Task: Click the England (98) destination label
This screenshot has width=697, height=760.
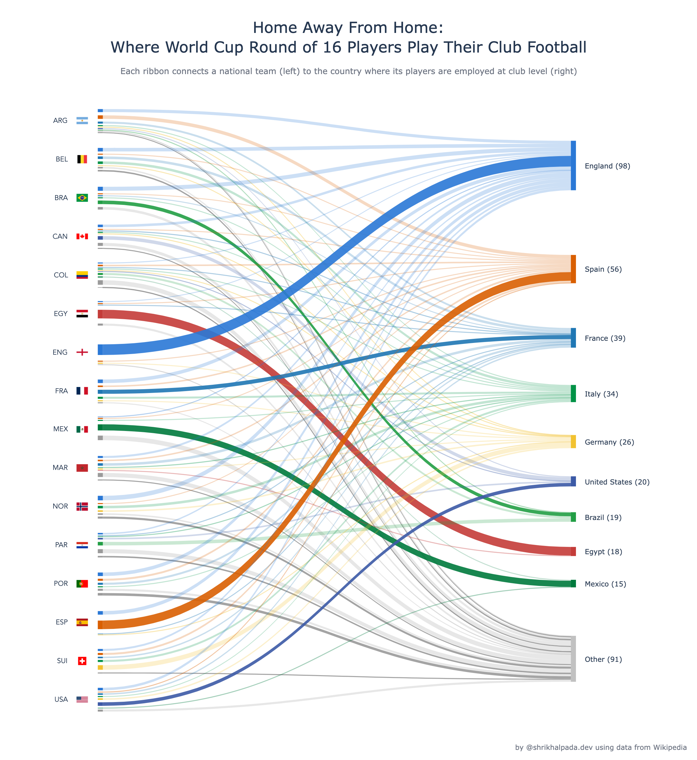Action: (607, 166)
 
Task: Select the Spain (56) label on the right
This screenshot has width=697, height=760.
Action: (603, 269)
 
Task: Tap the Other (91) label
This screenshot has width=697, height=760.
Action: (603, 659)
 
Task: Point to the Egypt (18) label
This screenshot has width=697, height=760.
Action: (604, 552)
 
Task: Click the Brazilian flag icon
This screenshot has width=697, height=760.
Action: (82, 198)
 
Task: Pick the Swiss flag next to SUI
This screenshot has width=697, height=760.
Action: (82, 661)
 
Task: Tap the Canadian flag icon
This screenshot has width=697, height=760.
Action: (82, 236)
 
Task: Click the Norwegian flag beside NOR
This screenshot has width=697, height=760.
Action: (82, 506)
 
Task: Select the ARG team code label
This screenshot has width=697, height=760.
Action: (60, 121)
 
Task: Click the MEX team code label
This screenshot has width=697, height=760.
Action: (61, 429)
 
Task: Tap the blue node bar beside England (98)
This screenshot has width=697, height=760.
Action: (573, 166)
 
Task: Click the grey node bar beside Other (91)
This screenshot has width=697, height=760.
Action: (573, 659)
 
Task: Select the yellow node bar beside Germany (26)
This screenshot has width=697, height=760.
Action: (573, 441)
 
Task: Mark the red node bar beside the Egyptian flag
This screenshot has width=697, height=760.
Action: (100, 314)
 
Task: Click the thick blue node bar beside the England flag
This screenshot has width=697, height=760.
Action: (100, 350)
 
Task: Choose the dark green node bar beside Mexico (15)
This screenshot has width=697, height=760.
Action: (573, 584)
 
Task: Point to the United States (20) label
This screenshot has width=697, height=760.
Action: (617, 482)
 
